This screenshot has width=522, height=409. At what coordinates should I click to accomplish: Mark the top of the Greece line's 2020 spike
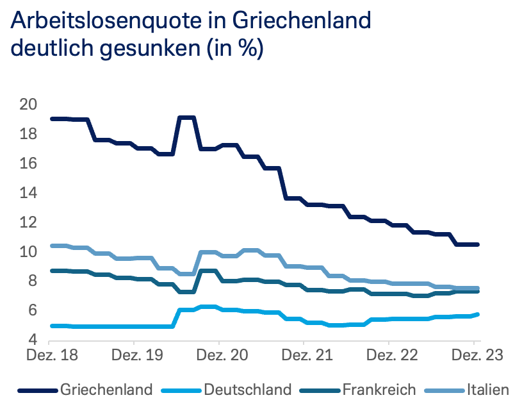pyautogui.click(x=186, y=118)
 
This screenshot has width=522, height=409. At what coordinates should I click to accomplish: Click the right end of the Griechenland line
pyautogui.click(x=478, y=244)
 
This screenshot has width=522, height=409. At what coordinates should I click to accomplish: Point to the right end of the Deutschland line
pyautogui.click(x=478, y=314)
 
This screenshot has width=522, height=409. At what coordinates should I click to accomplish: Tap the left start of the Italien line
pyautogui.click(x=52, y=246)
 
